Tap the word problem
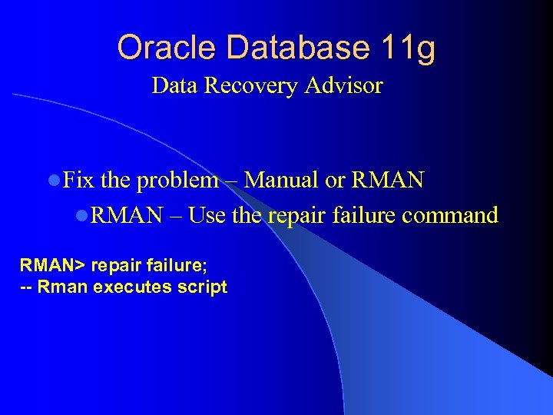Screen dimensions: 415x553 click(x=177, y=181)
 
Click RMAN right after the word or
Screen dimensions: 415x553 click(x=387, y=181)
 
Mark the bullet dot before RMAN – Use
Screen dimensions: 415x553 click(x=82, y=216)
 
